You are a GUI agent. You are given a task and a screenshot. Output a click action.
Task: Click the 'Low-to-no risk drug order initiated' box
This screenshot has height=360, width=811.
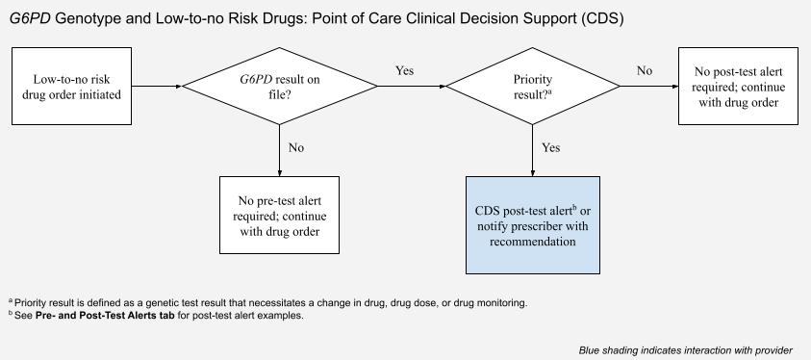tap(71, 86)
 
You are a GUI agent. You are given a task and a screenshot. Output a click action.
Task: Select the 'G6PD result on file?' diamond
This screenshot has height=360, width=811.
tap(279, 86)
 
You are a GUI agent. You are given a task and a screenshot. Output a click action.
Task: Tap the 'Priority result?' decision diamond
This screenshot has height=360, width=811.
tap(533, 86)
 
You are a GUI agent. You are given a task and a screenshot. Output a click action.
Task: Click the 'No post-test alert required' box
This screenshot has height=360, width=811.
tap(738, 86)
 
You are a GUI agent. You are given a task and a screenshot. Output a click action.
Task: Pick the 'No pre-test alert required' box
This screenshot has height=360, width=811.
tap(279, 215)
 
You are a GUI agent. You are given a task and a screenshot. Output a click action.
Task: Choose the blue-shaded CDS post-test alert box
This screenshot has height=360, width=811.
tap(533, 225)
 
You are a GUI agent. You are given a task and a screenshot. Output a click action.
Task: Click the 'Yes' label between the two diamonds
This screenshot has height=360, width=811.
tap(404, 70)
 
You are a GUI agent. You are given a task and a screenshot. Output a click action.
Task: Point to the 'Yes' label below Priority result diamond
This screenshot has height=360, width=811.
tap(551, 148)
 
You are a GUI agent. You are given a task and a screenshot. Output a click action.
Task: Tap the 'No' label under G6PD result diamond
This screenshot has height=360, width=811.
tap(296, 148)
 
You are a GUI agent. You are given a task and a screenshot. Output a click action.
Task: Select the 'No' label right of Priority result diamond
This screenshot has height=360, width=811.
tap(645, 70)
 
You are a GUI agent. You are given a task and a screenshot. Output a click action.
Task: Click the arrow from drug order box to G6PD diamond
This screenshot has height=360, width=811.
tap(157, 87)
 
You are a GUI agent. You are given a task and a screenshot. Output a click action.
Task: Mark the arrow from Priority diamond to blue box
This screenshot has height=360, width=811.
tap(533, 150)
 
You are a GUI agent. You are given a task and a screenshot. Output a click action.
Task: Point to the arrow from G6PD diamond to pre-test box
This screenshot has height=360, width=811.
tap(279, 150)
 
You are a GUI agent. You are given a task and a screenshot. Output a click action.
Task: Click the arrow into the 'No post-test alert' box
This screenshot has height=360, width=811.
tap(649, 87)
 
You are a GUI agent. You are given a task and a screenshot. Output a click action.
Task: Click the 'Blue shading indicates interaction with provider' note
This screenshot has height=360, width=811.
tap(685, 350)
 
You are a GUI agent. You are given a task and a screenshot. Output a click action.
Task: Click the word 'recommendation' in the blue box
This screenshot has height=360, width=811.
tap(533, 242)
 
